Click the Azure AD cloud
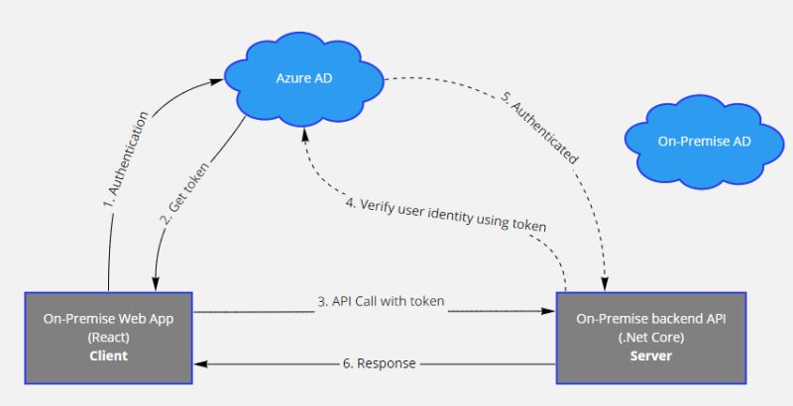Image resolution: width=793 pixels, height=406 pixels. pos(302,76)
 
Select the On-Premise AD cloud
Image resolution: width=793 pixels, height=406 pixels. pos(704,142)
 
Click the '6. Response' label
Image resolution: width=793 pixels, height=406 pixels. pos(380,363)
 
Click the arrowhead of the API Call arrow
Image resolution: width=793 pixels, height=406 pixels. pos(548,311)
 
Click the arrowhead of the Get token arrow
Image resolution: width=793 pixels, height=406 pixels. pos(155,279)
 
